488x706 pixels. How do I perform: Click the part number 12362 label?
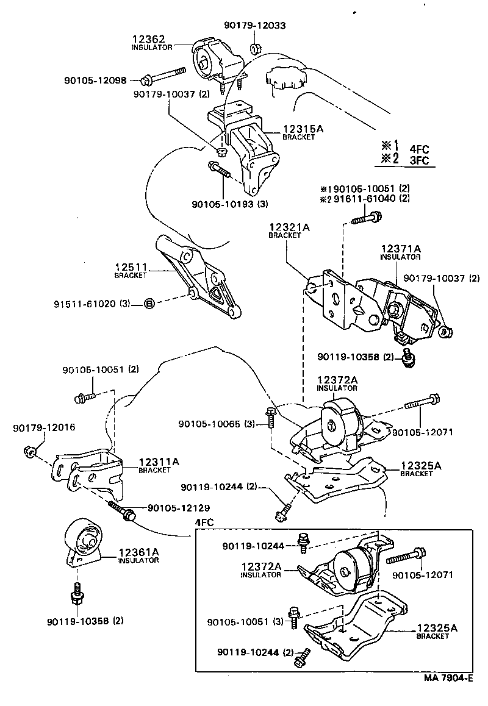[145, 39]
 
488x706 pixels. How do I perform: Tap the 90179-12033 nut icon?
[256, 46]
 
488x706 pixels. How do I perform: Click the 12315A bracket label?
[302, 129]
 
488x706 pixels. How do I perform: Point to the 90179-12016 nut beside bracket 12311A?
[29, 451]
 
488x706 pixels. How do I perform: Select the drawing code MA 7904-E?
[450, 677]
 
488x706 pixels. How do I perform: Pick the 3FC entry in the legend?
[420, 161]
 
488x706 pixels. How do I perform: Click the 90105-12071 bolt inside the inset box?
[404, 557]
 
